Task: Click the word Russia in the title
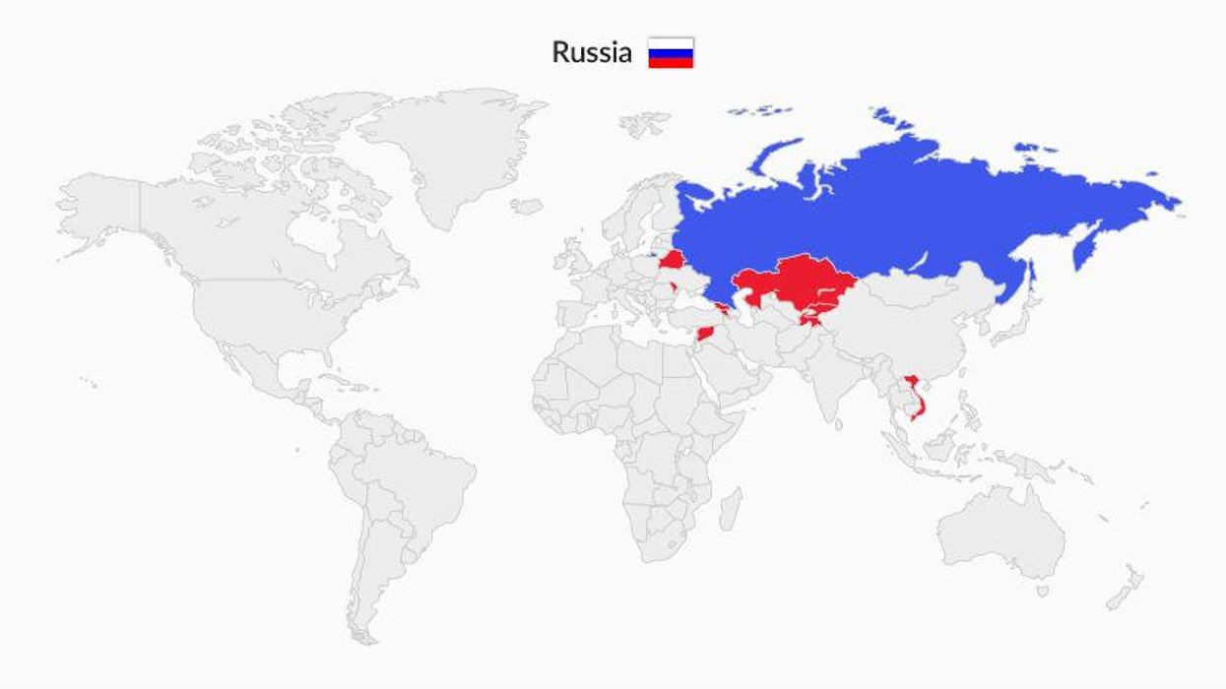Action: (x=591, y=52)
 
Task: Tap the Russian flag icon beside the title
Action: (x=671, y=53)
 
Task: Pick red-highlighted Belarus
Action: (x=673, y=260)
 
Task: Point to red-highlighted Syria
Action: (x=710, y=333)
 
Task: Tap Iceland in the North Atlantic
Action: (x=527, y=207)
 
